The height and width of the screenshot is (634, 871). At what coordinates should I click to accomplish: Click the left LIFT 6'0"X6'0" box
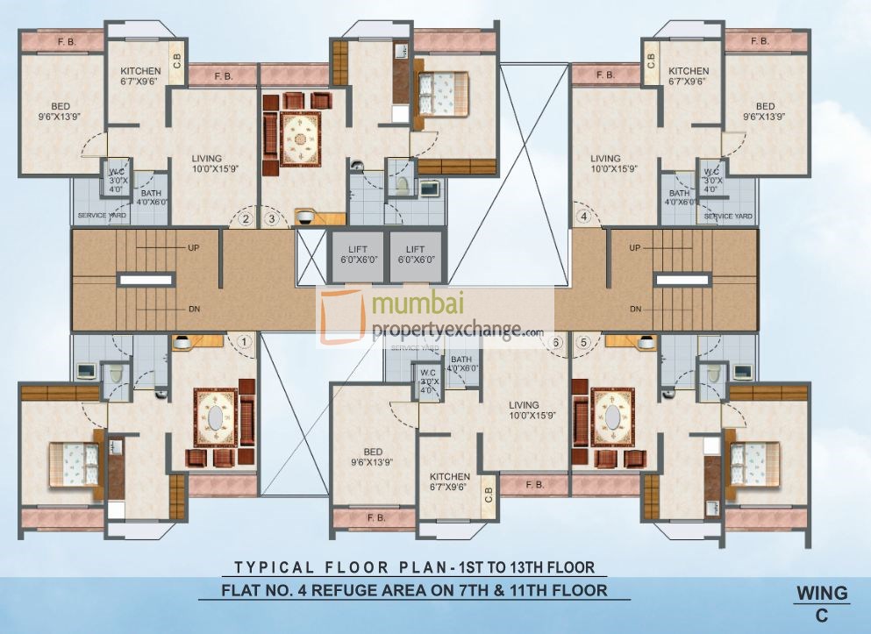pos(357,255)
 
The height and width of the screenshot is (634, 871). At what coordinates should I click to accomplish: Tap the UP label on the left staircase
pos(193,248)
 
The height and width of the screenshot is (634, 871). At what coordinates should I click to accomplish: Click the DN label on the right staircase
pos(635,309)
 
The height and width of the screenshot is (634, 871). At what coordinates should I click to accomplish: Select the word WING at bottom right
pos(822,594)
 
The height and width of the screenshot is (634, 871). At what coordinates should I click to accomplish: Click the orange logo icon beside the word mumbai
pos(344,316)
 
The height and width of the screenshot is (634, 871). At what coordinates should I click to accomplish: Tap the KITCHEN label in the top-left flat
pos(140,71)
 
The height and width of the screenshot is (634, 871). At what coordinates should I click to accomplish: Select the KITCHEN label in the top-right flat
pos(689,71)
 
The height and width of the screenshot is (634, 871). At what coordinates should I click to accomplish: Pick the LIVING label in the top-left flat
pos(207,159)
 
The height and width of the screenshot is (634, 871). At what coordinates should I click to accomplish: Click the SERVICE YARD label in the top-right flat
pos(728,216)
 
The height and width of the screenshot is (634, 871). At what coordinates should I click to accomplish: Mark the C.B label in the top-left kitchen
pos(176,60)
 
